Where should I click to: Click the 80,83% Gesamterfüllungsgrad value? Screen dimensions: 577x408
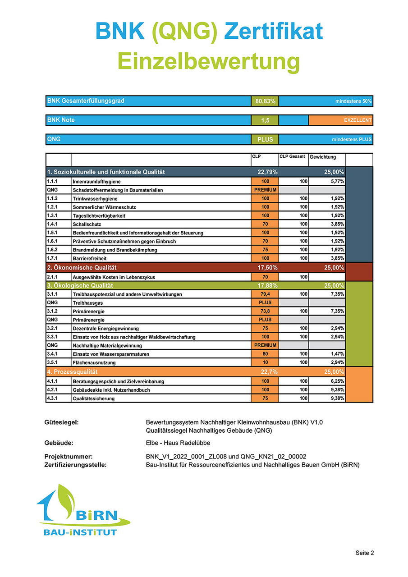coord(265,101)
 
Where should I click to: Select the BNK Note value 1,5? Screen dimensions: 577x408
coord(265,120)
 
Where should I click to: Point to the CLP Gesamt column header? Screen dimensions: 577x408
coord(292,157)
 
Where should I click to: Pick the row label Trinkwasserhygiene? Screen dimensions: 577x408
coord(95,199)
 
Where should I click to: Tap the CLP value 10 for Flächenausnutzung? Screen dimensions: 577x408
coord(265,362)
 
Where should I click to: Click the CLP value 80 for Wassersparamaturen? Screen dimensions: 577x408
coord(265,354)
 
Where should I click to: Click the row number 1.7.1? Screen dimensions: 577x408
coord(53,258)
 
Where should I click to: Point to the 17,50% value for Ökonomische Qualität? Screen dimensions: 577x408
coord(267,267)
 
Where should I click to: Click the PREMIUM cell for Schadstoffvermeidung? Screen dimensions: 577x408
coord(265,190)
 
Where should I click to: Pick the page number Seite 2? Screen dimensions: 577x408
coord(365,553)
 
